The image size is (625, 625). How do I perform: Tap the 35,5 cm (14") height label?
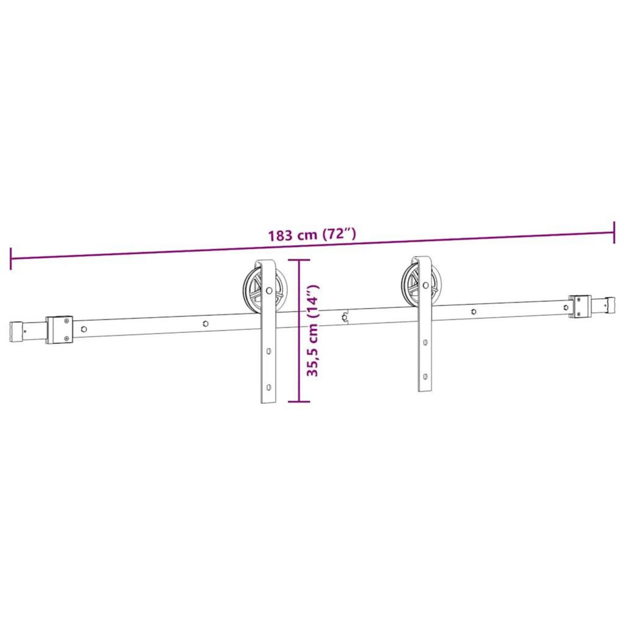(312, 331)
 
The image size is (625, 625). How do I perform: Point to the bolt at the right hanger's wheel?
(426, 285)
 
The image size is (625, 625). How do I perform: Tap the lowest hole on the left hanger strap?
(269, 387)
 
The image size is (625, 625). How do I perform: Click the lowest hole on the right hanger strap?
(426, 375)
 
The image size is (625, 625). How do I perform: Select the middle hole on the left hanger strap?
(269, 352)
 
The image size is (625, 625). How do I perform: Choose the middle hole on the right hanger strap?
(426, 343)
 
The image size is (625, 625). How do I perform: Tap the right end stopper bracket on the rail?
(581, 306)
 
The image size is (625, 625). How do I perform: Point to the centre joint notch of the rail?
(345, 317)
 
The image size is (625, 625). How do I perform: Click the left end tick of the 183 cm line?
(10, 259)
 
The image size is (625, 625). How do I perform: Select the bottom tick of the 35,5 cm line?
(299, 402)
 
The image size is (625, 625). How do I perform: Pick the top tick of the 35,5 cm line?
(299, 260)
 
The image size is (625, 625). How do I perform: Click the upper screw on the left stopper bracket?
(66, 322)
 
